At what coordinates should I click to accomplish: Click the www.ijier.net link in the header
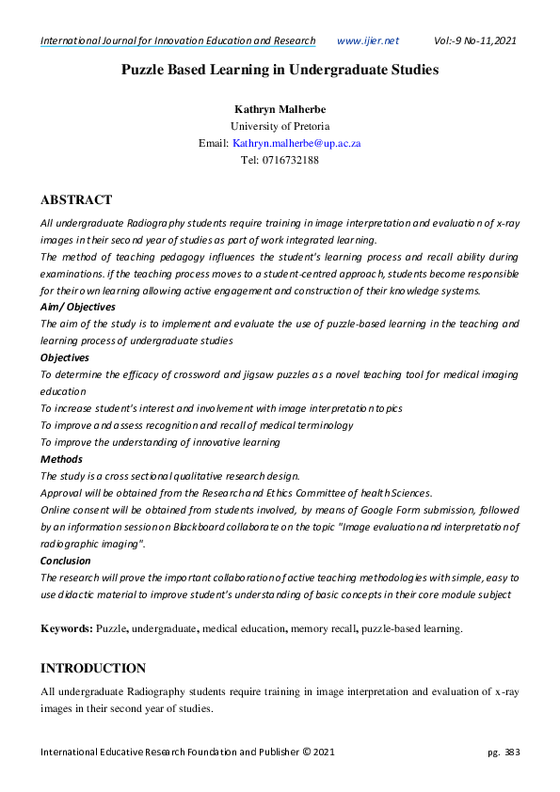pyautogui.click(x=367, y=40)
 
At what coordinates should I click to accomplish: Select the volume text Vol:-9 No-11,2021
pyautogui.click(x=474, y=40)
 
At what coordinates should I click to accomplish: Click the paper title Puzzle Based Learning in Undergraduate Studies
pyautogui.click(x=280, y=70)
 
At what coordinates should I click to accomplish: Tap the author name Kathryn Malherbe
pyautogui.click(x=280, y=110)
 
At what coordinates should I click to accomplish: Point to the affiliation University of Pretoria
pyautogui.click(x=280, y=126)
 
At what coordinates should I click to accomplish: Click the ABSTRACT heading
pyautogui.click(x=76, y=199)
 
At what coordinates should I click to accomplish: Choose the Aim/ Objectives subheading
pyautogui.click(x=78, y=307)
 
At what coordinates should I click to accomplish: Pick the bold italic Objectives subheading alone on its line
pyautogui.click(x=64, y=357)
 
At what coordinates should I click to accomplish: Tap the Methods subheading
pyautogui.click(x=61, y=459)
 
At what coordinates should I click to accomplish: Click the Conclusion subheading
pyautogui.click(x=66, y=560)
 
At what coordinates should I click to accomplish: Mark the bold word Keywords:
pyautogui.click(x=66, y=627)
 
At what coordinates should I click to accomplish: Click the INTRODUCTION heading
pyautogui.click(x=93, y=668)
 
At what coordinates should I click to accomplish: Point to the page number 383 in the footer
pyautogui.click(x=512, y=752)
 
